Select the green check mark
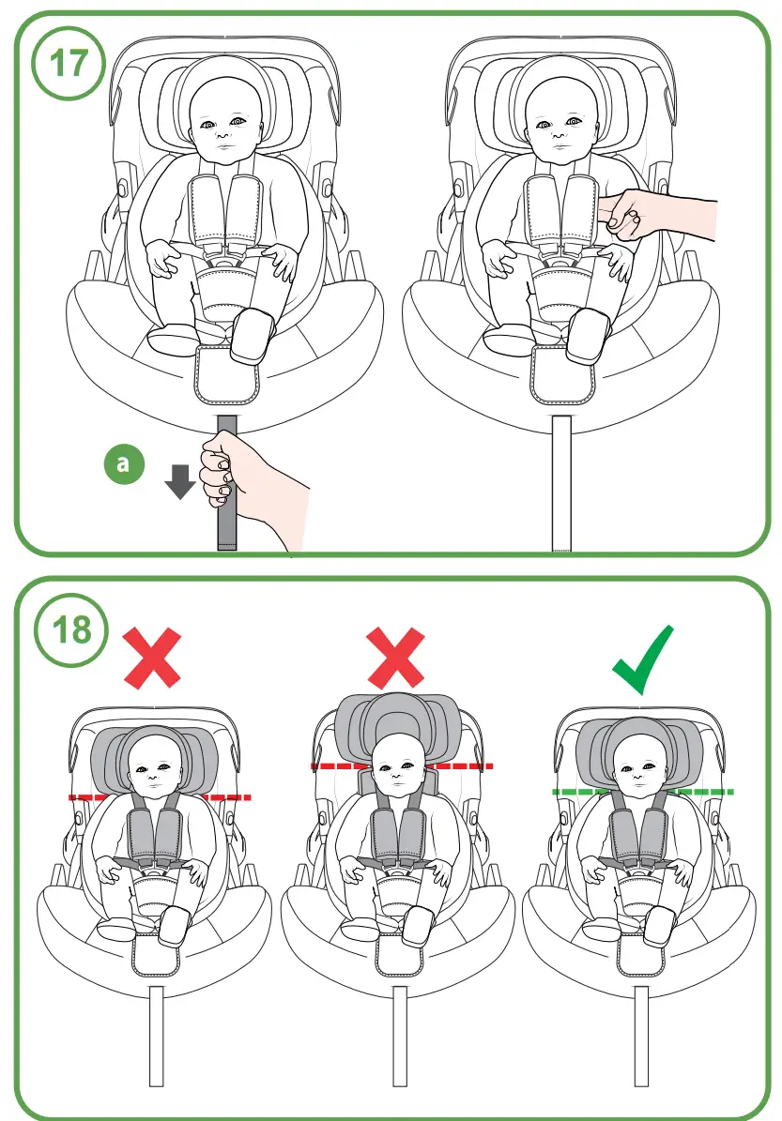tap(642, 660)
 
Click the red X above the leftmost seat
tap(153, 658)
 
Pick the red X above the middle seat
tap(397, 658)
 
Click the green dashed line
tap(643, 792)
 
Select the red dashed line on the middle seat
tap(401, 766)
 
